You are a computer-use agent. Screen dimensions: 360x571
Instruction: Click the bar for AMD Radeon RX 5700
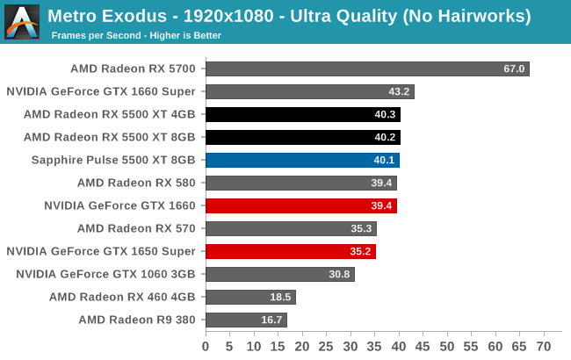click(367, 68)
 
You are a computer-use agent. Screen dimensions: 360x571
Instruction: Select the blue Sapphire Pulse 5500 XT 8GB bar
click(302, 160)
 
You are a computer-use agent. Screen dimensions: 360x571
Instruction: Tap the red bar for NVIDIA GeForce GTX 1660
click(301, 205)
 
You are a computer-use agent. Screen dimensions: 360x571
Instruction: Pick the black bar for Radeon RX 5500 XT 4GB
click(303, 114)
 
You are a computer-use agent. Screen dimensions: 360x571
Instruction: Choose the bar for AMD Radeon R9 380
click(246, 320)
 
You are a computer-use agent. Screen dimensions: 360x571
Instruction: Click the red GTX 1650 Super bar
click(291, 251)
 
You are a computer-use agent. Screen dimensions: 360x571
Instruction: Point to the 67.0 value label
click(514, 68)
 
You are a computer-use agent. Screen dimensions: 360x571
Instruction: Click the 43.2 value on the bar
click(400, 91)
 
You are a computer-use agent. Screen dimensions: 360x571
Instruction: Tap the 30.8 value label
click(340, 274)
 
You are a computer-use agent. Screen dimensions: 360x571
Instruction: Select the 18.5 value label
click(281, 297)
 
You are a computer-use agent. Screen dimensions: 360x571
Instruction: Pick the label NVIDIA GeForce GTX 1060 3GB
click(105, 274)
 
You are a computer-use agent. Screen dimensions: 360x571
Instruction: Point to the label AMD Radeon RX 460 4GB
click(122, 297)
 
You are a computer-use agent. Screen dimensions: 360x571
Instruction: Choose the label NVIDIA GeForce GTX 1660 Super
click(101, 91)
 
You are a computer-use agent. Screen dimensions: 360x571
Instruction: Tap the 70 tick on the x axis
click(543, 346)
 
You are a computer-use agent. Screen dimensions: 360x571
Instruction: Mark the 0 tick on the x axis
click(206, 346)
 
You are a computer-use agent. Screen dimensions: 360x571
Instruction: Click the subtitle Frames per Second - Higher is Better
click(136, 36)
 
